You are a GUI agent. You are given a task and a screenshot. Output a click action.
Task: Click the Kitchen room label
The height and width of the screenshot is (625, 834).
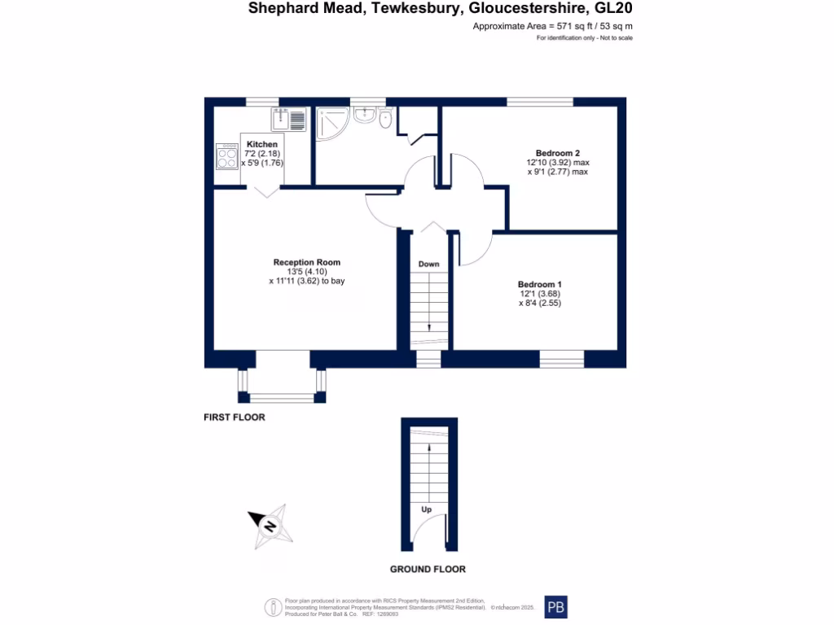(x=262, y=145)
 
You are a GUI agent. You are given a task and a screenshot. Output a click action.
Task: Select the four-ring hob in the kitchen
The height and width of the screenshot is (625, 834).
(x=227, y=156)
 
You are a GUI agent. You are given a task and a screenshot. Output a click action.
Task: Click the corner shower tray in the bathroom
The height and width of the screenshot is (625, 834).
(x=334, y=122)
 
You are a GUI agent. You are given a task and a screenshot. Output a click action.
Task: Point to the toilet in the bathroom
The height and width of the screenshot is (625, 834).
(x=385, y=120)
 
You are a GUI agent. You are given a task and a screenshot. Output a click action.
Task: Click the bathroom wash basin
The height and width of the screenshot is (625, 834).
(x=363, y=116)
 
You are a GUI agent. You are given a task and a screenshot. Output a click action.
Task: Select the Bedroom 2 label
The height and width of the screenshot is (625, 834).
(x=557, y=153)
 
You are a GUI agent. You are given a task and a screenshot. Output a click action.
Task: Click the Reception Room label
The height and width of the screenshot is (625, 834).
(x=306, y=262)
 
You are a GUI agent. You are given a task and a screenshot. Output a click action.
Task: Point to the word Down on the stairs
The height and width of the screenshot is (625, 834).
(x=428, y=264)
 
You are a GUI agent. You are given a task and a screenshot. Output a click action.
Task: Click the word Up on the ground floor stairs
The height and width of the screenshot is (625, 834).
(x=426, y=509)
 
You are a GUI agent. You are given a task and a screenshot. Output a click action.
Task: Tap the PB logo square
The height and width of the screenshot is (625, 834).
(x=555, y=607)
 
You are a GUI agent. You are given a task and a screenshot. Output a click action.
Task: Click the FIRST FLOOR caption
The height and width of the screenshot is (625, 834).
(x=234, y=417)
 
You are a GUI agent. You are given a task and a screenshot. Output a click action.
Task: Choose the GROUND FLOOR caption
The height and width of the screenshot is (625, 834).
(x=428, y=569)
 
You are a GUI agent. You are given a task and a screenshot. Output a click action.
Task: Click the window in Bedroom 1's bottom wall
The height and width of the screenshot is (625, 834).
(x=561, y=359)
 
